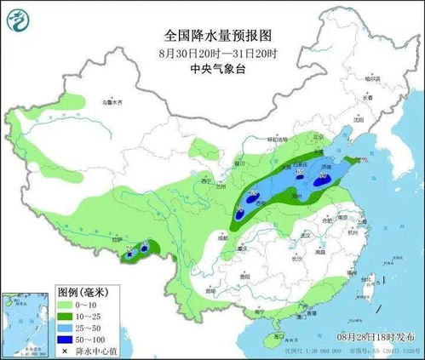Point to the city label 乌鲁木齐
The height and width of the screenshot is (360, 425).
click(113, 101)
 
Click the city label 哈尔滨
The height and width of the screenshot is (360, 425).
click(368, 79)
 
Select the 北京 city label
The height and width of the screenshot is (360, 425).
click(295, 136)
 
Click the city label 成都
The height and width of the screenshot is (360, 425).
click(224, 239)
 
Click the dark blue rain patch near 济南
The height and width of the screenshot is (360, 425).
click(323, 178)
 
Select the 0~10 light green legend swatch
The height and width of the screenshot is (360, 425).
click(67, 303)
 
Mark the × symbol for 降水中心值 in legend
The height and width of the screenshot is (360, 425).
click(66, 349)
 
